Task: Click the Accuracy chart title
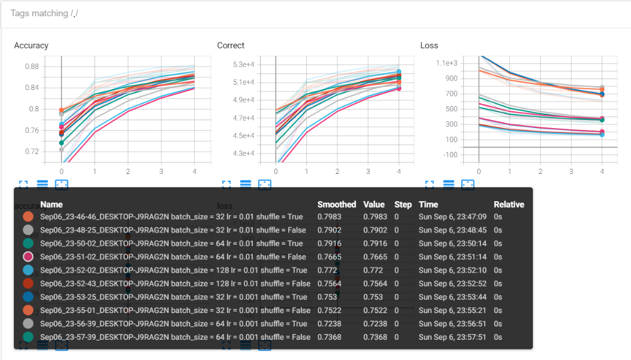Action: pyautogui.click(x=31, y=45)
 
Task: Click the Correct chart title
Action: pyautogui.click(x=231, y=45)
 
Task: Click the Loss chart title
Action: pyautogui.click(x=429, y=45)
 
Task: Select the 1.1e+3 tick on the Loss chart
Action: pyautogui.click(x=447, y=63)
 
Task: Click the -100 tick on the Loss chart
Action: pyautogui.click(x=450, y=154)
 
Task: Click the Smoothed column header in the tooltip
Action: pyautogui.click(x=336, y=205)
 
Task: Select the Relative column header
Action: pyautogui.click(x=509, y=205)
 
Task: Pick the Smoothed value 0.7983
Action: pyautogui.click(x=327, y=217)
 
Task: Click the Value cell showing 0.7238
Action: pyautogui.click(x=373, y=323)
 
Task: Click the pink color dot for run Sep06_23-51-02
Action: pyautogui.click(x=28, y=257)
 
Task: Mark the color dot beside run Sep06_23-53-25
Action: pyautogui.click(x=28, y=297)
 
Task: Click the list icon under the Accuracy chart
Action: pyautogui.click(x=42, y=184)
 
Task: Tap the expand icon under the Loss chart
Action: pyautogui.click(x=429, y=184)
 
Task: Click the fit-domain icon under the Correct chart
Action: pyautogui.click(x=264, y=184)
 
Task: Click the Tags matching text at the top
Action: pyautogui.click(x=44, y=13)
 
